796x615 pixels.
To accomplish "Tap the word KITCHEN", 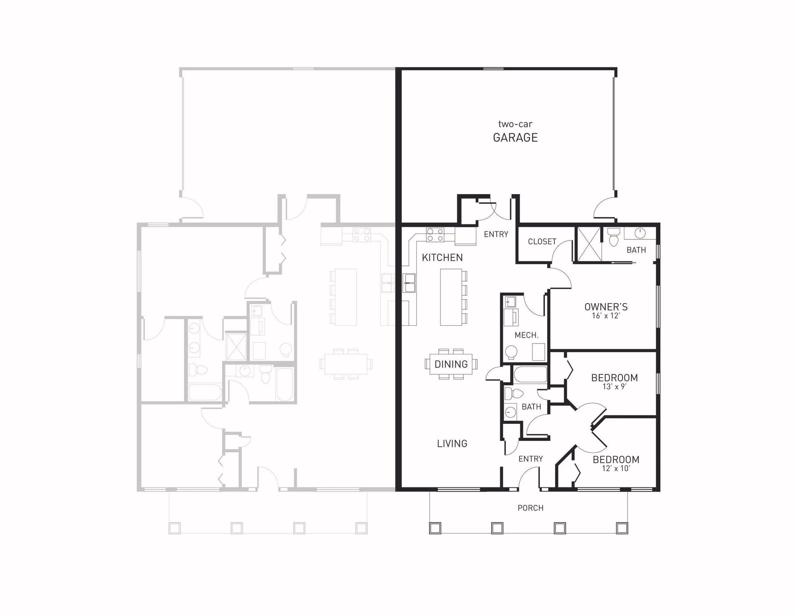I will (442, 258).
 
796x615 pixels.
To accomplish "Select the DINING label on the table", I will (451, 364).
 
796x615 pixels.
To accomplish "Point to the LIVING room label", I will (452, 443).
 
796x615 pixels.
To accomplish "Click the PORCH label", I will (530, 508).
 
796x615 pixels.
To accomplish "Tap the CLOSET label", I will (542, 242).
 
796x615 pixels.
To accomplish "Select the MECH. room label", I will (526, 335).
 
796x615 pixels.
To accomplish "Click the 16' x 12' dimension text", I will (606, 316).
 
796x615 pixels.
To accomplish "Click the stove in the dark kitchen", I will (435, 235).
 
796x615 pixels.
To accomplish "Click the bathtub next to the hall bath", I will (530, 375).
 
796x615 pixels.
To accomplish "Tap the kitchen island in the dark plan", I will (451, 297).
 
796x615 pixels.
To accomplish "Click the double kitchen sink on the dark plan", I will (409, 283).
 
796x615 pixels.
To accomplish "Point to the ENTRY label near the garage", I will (496, 234).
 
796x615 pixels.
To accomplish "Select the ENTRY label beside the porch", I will (530, 459).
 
